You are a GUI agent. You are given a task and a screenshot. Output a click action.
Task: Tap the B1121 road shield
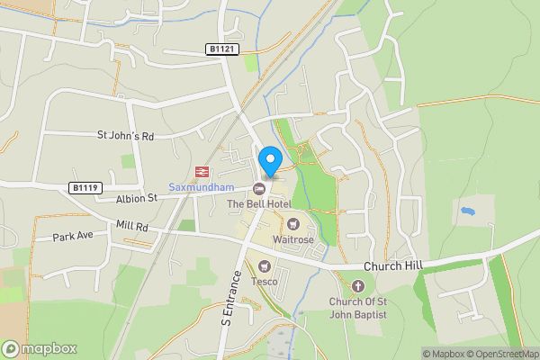pos(222,49)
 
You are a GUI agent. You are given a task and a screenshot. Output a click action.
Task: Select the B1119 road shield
pos(84,187)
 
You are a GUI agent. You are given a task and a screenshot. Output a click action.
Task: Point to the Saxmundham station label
pos(201,187)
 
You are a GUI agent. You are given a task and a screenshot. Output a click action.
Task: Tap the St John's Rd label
pos(126,136)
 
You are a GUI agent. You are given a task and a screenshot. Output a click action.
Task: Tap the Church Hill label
pos(393,267)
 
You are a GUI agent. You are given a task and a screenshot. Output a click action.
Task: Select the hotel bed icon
pos(260,188)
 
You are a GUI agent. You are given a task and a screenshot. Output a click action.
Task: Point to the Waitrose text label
pos(293,240)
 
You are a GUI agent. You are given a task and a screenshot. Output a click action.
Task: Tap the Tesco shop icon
pos(265,265)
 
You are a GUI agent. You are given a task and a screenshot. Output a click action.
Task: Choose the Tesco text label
pos(264,281)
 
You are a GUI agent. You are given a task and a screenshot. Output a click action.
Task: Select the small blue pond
pos(466,211)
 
